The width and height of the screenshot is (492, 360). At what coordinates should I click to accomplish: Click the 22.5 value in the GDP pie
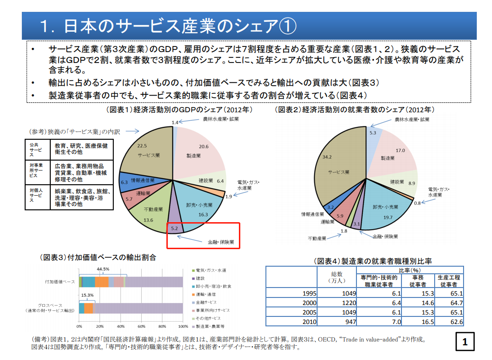[141, 146]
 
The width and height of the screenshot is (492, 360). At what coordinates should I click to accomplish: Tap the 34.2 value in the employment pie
[327, 156]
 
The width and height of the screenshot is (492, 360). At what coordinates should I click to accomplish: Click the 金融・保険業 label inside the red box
[220, 241]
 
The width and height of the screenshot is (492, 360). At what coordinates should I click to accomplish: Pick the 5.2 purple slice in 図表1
[174, 228]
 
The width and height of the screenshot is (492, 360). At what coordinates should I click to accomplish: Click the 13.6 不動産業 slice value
[148, 220]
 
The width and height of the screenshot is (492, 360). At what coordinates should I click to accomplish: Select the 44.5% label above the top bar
[103, 269]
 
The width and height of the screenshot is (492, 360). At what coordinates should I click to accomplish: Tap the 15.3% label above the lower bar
[87, 295]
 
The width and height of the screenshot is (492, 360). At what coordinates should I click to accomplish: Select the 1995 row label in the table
[309, 293]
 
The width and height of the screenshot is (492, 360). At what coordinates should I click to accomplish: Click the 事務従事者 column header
[417, 281]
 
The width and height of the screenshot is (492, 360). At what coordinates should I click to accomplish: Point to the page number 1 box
[465, 342]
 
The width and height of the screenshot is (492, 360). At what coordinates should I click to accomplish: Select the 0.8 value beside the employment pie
[417, 203]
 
